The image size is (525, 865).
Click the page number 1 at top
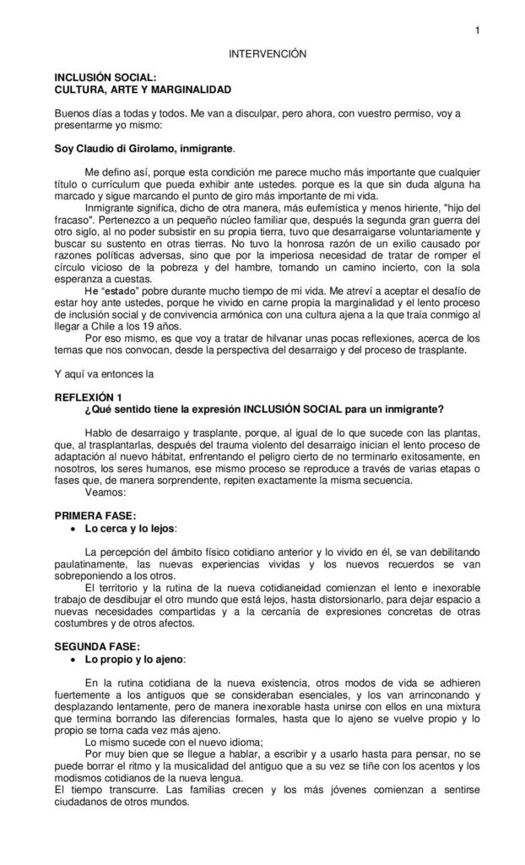click(477, 32)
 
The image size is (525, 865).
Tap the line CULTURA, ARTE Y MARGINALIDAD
click(142, 88)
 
